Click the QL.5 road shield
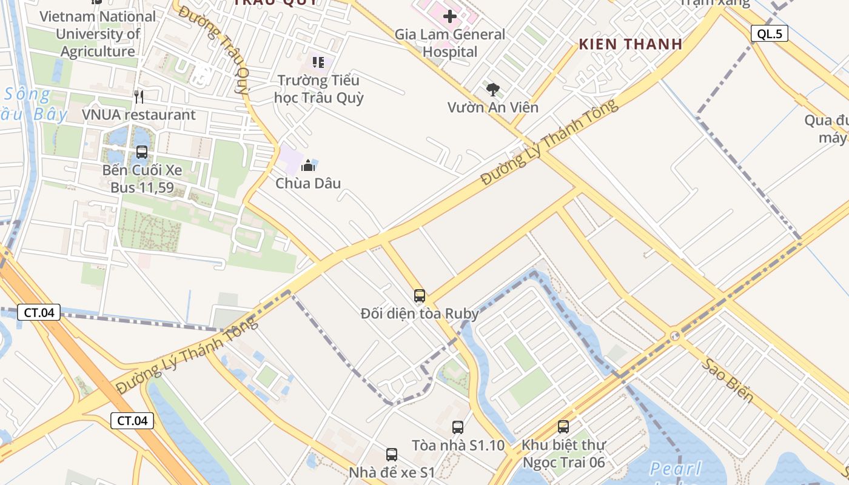pyautogui.click(x=770, y=34)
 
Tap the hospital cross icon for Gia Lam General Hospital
pyautogui.click(x=449, y=16)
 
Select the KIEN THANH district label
pyautogui.click(x=631, y=44)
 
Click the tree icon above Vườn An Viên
pyautogui.click(x=493, y=90)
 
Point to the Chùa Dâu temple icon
pyautogui.click(x=309, y=165)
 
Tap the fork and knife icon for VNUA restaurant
pyautogui.click(x=139, y=97)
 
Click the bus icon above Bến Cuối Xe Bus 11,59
pyautogui.click(x=142, y=152)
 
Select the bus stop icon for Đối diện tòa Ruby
pyautogui.click(x=420, y=296)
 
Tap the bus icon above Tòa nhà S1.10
pyautogui.click(x=458, y=427)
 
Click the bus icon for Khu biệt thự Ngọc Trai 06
pyautogui.click(x=563, y=427)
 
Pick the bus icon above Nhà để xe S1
pyautogui.click(x=392, y=454)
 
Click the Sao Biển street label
pyautogui.click(x=728, y=381)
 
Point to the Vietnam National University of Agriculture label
pyautogui.click(x=98, y=34)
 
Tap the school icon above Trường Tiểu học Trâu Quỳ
pyautogui.click(x=318, y=62)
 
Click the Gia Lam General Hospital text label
pyautogui.click(x=450, y=43)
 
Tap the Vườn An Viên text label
pyautogui.click(x=492, y=108)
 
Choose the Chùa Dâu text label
pyautogui.click(x=308, y=183)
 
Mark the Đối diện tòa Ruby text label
pyautogui.click(x=420, y=314)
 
